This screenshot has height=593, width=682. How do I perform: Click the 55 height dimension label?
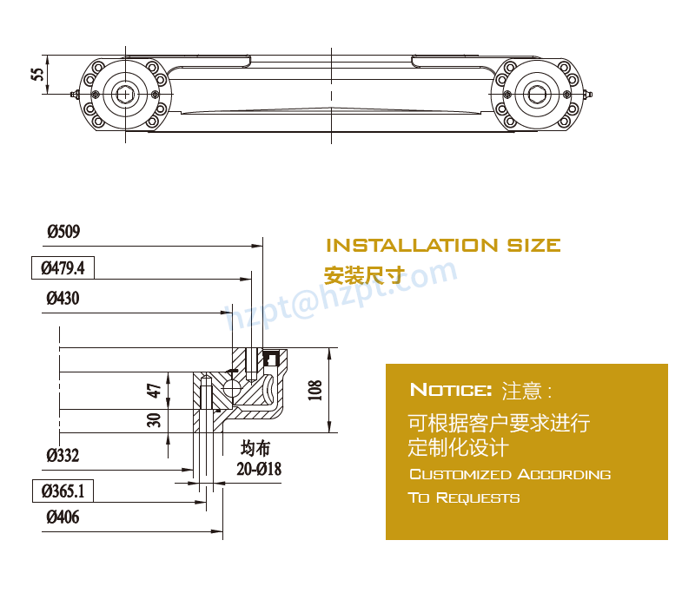coord(37,76)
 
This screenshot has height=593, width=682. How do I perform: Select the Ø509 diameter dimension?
coord(63,232)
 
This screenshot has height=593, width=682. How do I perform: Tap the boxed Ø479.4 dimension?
coord(63,267)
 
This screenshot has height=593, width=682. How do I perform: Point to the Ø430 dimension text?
coord(63,300)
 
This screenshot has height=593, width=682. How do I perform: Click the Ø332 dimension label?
coord(63,455)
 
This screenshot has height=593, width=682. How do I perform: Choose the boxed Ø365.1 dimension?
coord(63,491)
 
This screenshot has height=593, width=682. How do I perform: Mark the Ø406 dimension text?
coord(63,518)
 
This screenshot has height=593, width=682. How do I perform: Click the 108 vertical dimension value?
coord(315,390)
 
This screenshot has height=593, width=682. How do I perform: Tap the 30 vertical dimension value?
coord(154,420)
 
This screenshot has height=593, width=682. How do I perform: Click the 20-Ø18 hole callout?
coord(259,470)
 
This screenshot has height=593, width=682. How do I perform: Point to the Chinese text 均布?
coord(255,449)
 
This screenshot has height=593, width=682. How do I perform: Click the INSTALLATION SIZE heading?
coord(442,246)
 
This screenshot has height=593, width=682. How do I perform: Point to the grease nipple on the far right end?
coord(590,94)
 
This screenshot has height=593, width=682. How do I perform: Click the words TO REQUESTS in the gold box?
coord(464,498)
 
